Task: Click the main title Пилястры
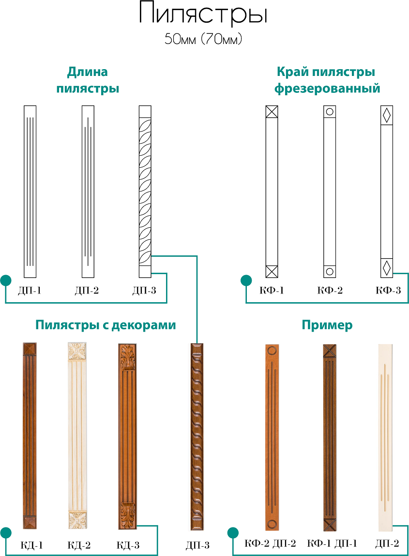tap(203, 14)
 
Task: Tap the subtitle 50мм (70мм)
tap(203, 39)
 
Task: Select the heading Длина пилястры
tap(88, 80)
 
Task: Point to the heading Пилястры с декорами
tap(106, 325)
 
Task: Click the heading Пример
tap(327, 325)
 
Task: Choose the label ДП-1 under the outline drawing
tap(30, 291)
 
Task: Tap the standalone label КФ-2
tap(330, 291)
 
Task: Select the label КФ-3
tap(388, 291)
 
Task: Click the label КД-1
tap(31, 545)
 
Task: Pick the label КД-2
tap(79, 545)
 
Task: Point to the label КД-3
tap(128, 545)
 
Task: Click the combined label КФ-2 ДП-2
tap(270, 543)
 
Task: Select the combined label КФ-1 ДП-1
tap(332, 543)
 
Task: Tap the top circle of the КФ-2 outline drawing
tap(330, 112)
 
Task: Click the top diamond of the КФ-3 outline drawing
tap(387, 115)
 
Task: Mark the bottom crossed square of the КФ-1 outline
tap(272, 272)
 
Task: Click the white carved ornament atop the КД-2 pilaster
tap(77, 351)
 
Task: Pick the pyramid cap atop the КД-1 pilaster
tap(30, 349)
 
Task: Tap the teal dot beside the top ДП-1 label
tap(6, 280)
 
